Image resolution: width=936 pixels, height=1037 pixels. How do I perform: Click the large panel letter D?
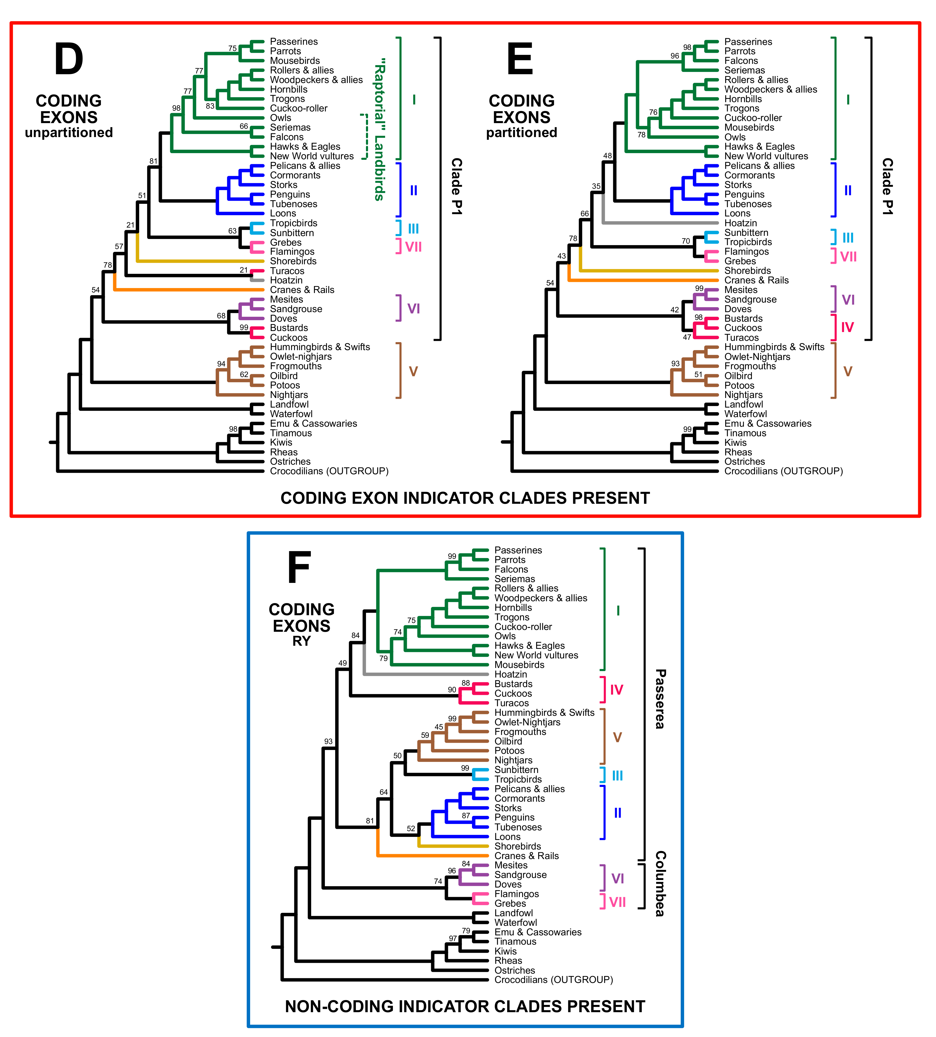[x=68, y=60]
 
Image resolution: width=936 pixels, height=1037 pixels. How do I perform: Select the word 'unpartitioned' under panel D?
[x=69, y=133]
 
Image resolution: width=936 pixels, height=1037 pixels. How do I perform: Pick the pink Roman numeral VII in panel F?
[x=617, y=902]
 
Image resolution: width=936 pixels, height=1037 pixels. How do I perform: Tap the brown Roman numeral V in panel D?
[x=413, y=371]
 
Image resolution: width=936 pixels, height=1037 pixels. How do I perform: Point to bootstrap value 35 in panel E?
[x=596, y=187]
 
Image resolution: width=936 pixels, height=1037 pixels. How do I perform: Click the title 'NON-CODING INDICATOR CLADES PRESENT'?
[x=465, y=1006]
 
